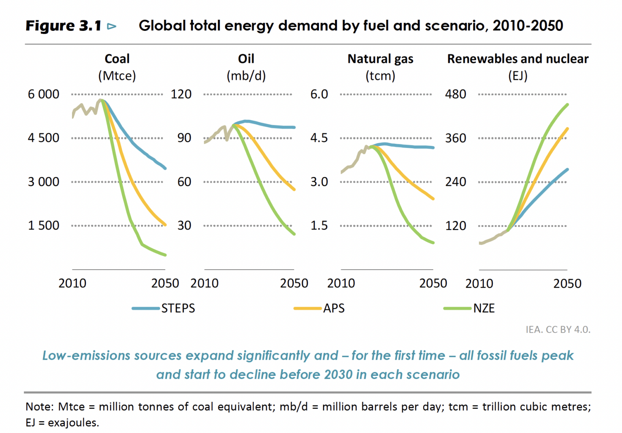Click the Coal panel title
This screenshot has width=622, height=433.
click(117, 59)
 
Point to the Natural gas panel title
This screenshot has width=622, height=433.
click(380, 59)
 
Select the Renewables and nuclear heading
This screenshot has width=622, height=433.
click(518, 59)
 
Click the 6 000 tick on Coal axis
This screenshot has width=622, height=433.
click(43, 94)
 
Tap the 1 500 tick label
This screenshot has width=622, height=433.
click(43, 225)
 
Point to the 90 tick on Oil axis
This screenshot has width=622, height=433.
click(184, 138)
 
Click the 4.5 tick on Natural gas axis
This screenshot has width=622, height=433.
click(319, 138)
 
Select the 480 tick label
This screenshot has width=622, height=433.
click(456, 94)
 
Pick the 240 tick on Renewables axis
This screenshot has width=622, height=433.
click(456, 181)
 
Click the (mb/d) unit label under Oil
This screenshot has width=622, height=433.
click(246, 76)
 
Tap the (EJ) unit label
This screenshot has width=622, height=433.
click(518, 76)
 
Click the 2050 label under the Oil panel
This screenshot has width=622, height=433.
click(294, 283)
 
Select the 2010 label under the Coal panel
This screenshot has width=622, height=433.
click(72, 283)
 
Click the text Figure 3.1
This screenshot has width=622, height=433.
click(63, 26)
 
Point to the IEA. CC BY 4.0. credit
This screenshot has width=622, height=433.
click(558, 329)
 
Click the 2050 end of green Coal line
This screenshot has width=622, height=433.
click(165, 255)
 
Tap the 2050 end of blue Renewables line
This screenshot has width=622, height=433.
click(567, 169)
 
